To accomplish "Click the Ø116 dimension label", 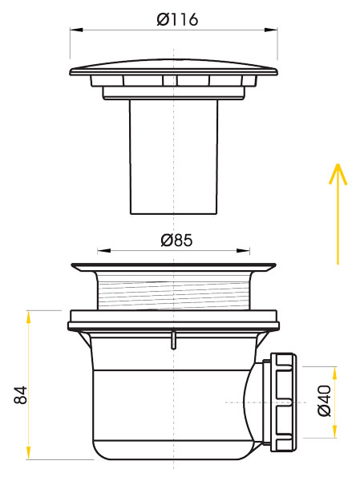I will coord(177,20).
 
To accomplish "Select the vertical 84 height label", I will coord(22,394).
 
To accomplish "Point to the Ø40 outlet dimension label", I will coord(324,400).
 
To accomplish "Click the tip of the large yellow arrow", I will coord(338,164).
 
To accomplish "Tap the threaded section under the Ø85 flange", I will coord(174,290).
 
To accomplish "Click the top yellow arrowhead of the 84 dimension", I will coord(28,315).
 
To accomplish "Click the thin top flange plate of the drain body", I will coord(174,265).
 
